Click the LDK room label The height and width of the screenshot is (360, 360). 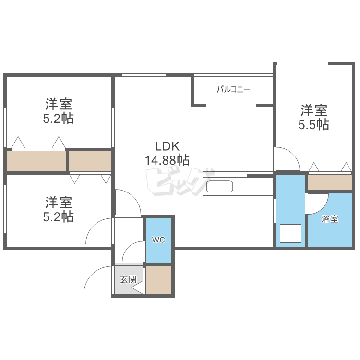[167, 146]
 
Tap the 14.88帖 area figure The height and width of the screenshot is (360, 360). [167, 160]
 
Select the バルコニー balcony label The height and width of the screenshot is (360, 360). [233, 89]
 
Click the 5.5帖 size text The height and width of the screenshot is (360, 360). [314, 125]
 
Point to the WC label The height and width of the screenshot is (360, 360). [158, 240]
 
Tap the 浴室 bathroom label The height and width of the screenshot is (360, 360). [330, 219]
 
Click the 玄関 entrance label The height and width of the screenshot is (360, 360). [128, 279]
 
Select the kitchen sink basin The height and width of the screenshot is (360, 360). [220, 187]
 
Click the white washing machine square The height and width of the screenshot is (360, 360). [290, 233]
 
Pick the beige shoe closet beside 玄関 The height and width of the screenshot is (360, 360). [159, 280]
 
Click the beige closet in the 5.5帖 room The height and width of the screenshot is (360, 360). [330, 182]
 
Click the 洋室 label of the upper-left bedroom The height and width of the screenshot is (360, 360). [59, 104]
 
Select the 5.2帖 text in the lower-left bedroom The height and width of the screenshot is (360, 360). [59, 217]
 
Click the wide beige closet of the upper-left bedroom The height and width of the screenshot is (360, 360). [36, 161]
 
